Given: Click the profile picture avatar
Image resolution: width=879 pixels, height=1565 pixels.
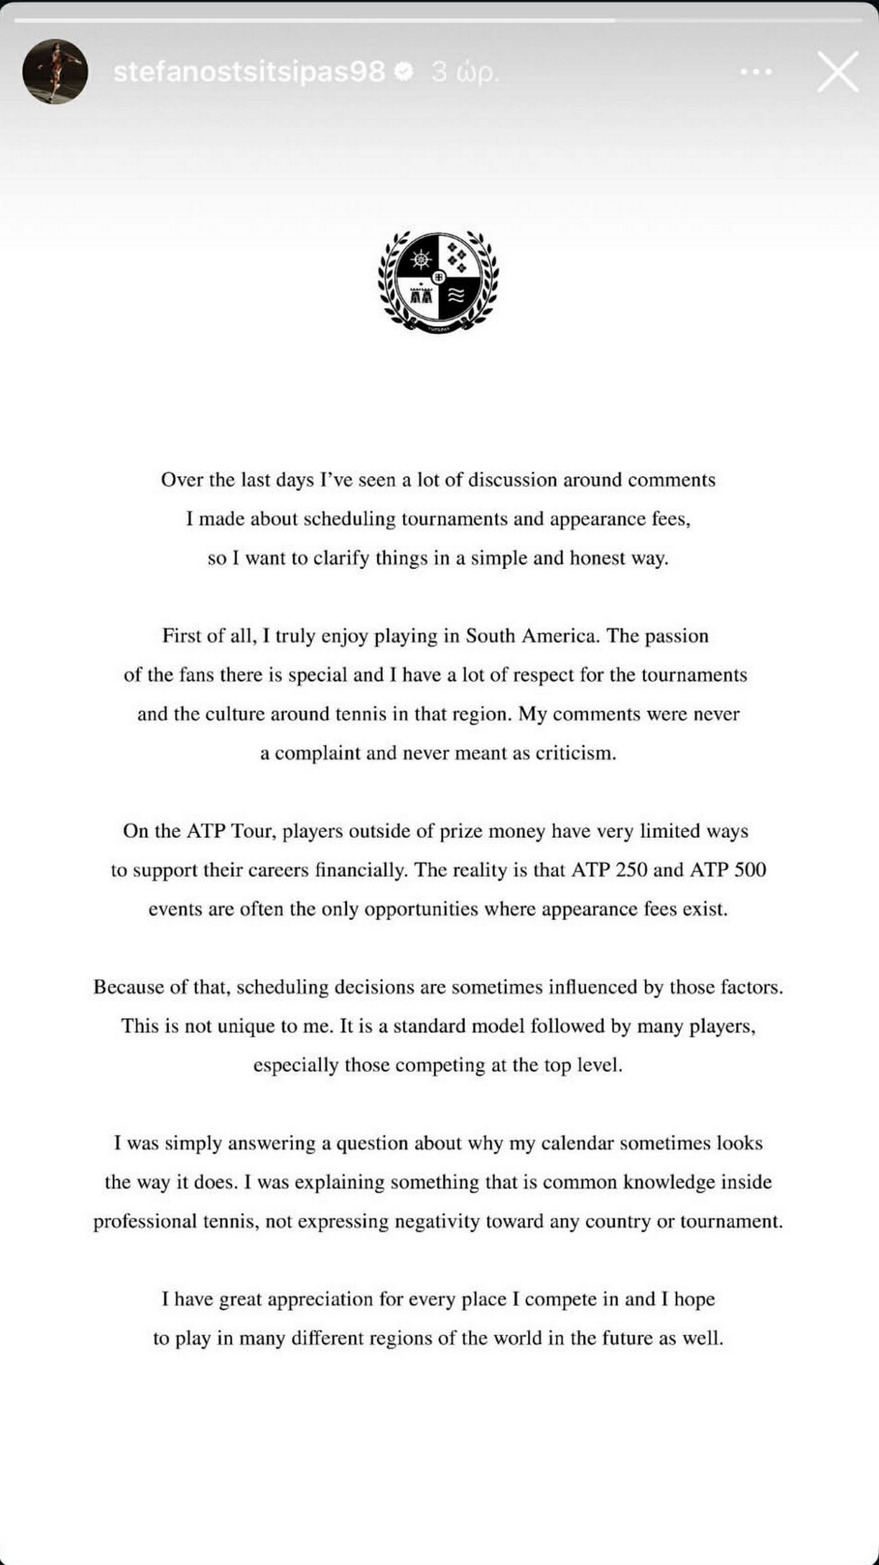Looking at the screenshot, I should click(54, 72).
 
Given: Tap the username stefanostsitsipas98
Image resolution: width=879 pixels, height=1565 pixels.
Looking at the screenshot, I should click(249, 72).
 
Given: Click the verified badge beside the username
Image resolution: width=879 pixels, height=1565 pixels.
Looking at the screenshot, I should click(403, 72).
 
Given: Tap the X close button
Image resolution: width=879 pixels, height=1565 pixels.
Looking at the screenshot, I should click(838, 72).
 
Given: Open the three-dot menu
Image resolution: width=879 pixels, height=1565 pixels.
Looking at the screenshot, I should click(756, 72).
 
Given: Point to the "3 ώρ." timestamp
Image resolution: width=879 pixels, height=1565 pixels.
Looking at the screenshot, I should click(465, 72).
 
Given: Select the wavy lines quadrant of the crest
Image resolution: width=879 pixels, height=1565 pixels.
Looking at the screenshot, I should click(457, 296).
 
